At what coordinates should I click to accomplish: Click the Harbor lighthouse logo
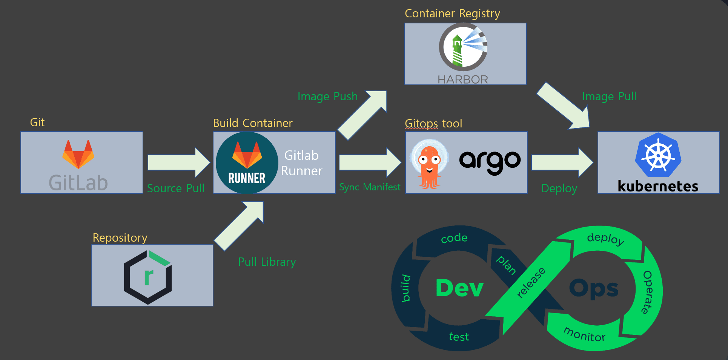pos(463,47)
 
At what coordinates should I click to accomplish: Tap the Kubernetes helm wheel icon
pos(658,155)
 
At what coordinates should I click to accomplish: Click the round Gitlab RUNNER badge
pos(247,163)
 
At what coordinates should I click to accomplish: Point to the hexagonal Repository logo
pos(148,277)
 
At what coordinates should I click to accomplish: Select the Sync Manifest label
pos(370,187)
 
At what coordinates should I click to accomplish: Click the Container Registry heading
pos(452,14)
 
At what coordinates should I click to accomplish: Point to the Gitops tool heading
pos(433,123)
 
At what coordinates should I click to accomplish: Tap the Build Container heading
pos(253,123)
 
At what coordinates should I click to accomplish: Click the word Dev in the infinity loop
pos(459,288)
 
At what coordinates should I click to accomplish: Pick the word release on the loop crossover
pos(531,282)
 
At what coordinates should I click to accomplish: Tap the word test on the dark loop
pos(459,337)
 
